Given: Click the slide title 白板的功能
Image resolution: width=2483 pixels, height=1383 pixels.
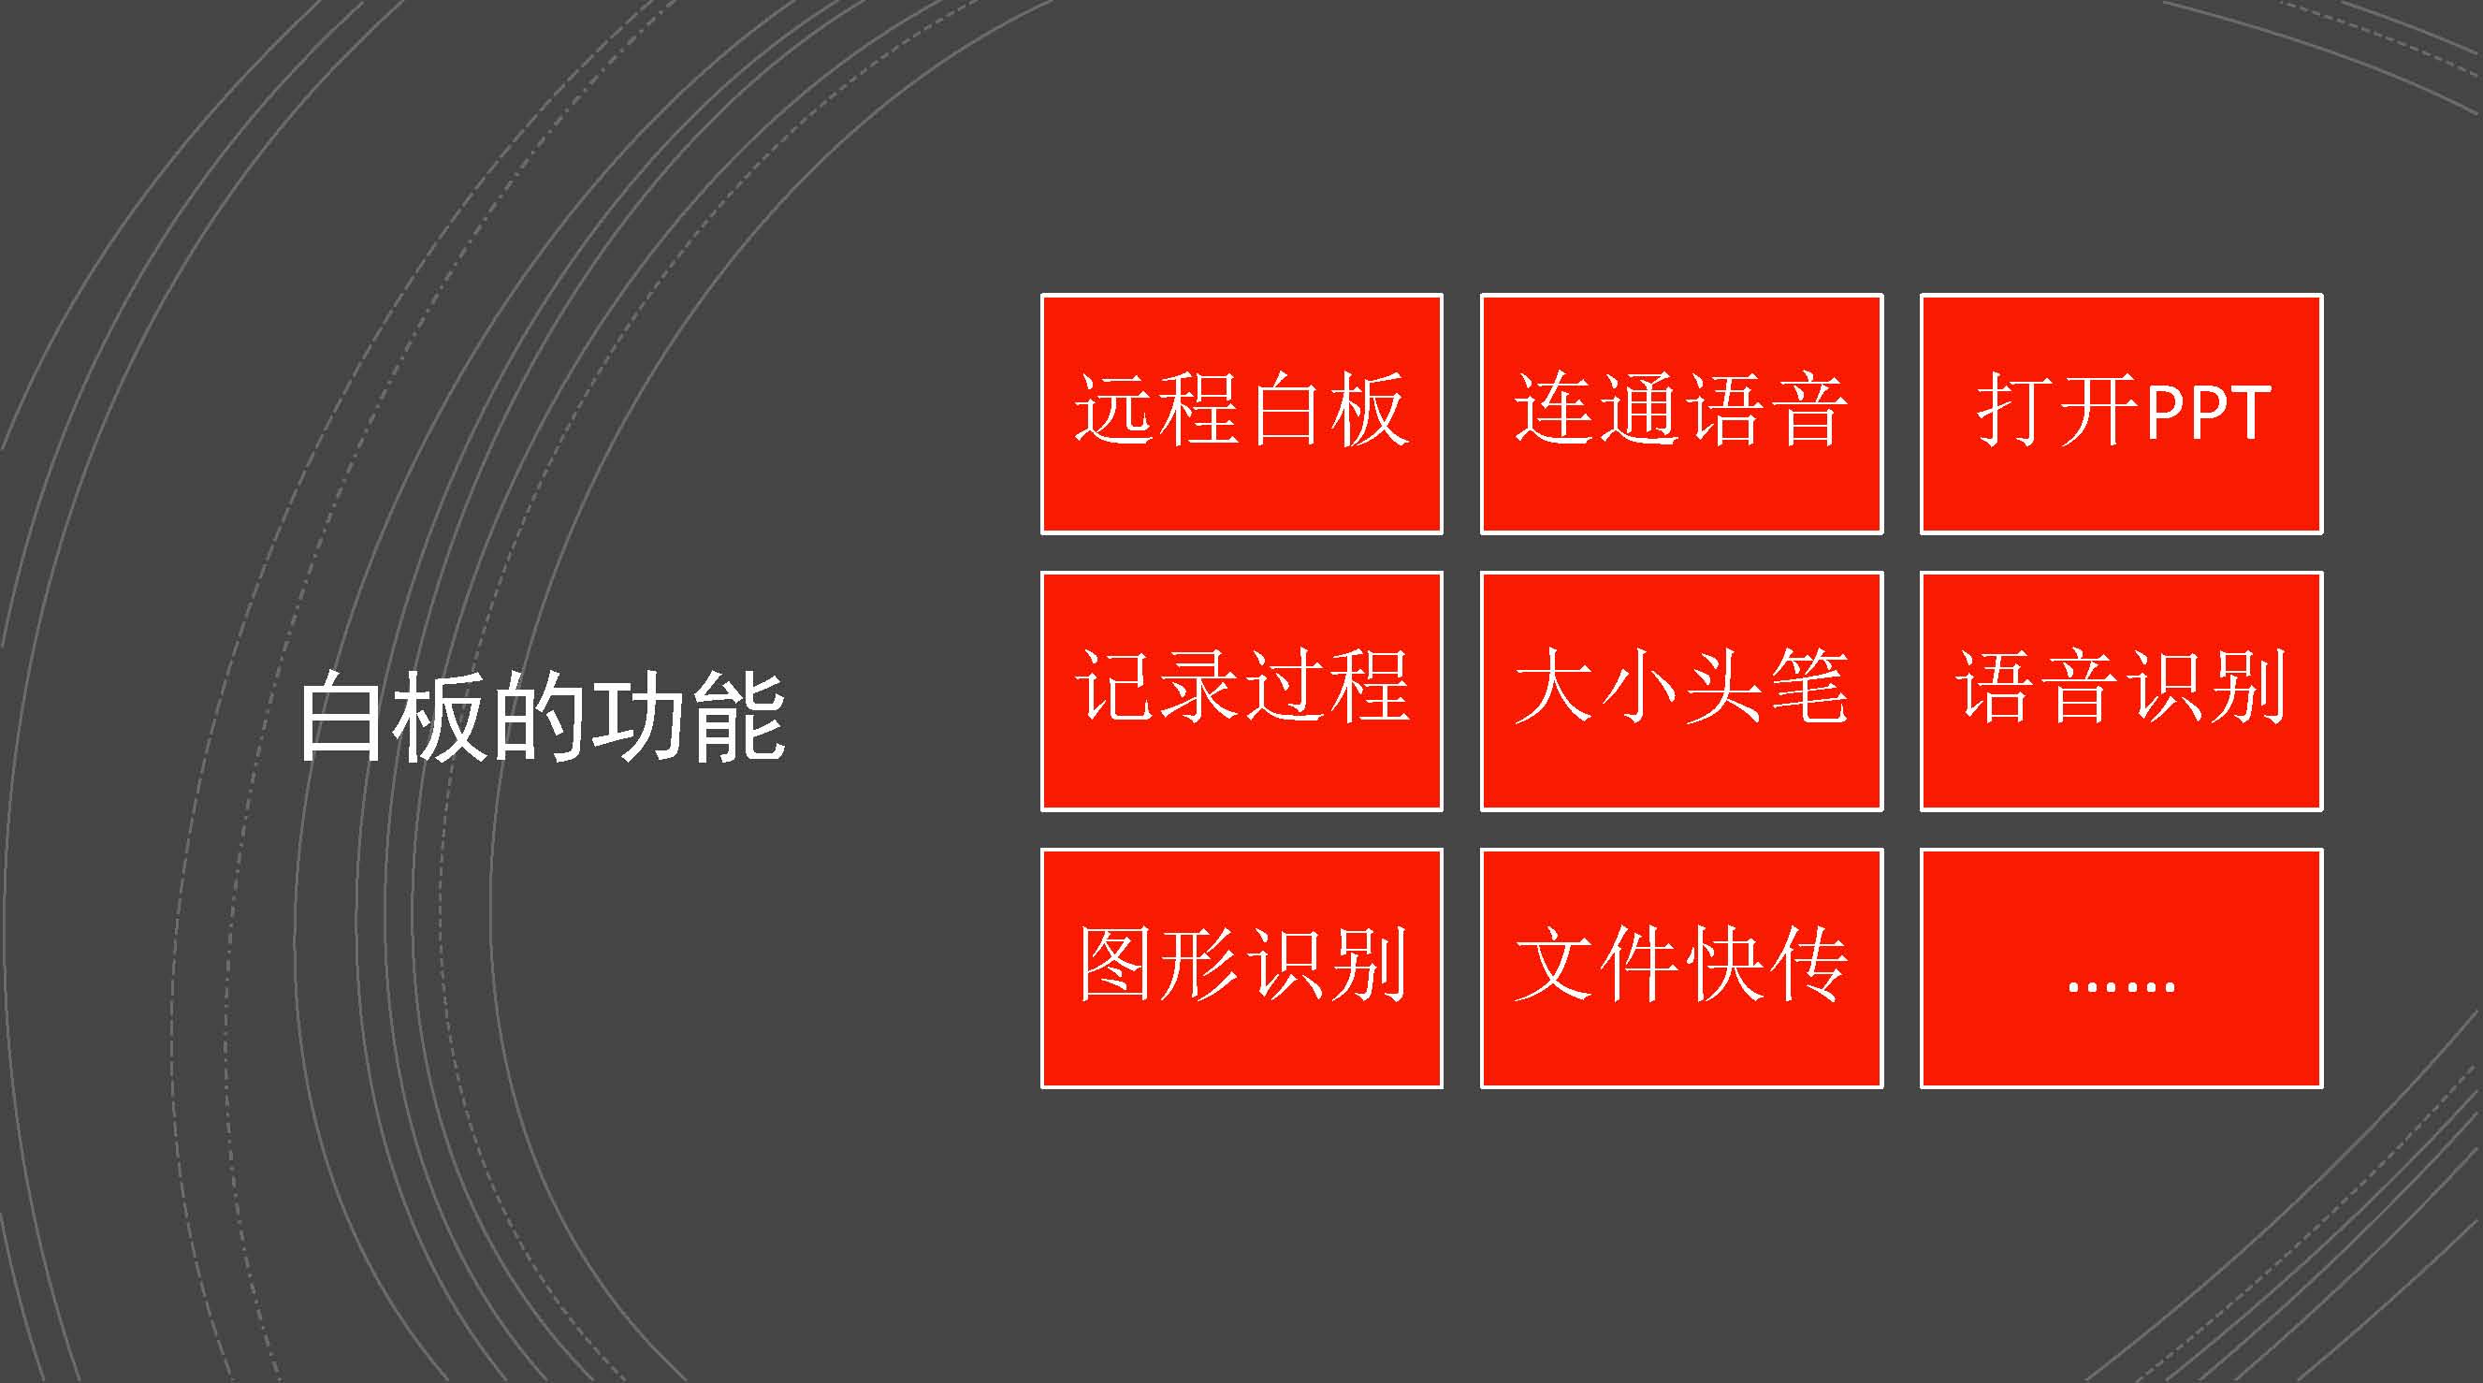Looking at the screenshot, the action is (x=542, y=716).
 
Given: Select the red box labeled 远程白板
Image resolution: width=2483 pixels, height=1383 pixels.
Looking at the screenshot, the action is (x=1241, y=414).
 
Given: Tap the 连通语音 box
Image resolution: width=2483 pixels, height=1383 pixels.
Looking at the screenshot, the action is (x=1682, y=414).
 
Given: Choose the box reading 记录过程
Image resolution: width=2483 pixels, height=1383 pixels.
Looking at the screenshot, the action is (x=1241, y=691).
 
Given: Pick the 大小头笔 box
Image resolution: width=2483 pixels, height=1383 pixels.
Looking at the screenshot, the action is (x=1682, y=691).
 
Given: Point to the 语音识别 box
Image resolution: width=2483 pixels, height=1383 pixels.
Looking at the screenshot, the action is (x=2122, y=691).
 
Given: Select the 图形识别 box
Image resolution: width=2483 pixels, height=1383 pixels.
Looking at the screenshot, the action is (x=1241, y=968).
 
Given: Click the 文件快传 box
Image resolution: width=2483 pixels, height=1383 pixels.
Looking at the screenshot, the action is (x=1682, y=968).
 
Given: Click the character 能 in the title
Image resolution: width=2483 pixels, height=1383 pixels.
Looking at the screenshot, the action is (x=738, y=716).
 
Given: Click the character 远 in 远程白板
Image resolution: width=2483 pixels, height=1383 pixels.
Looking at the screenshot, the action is (x=1115, y=409).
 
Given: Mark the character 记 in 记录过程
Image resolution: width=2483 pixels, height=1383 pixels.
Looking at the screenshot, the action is (x=1115, y=686).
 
